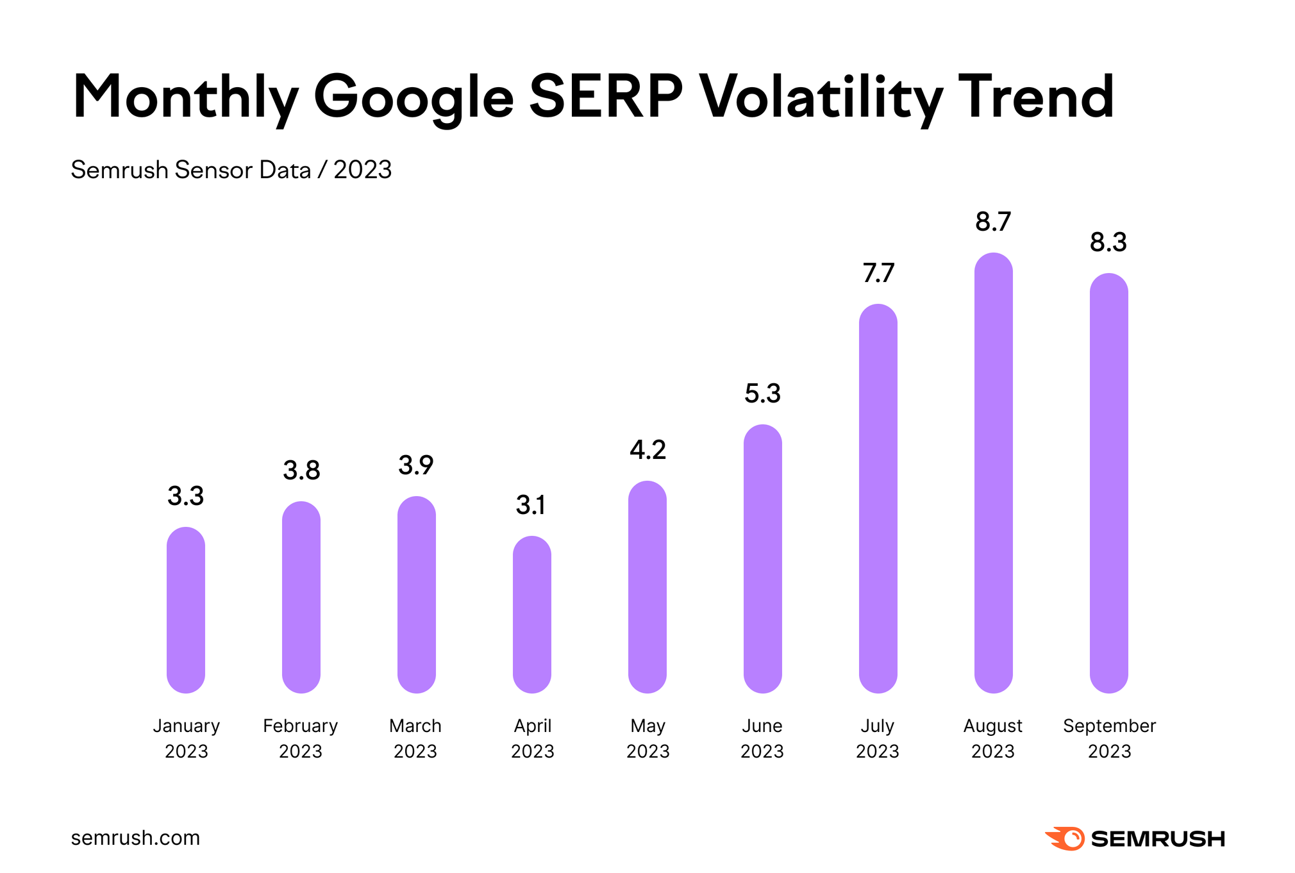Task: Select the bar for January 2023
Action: point(186,610)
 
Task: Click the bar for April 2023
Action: point(532,614)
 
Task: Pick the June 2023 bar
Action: point(762,558)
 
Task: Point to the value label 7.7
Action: point(878,274)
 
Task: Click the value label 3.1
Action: point(531,506)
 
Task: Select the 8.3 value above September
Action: point(1108,243)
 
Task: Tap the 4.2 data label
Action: point(647,451)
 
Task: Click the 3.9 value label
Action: point(416,465)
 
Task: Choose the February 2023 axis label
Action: point(301,738)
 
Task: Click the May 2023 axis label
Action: point(647,738)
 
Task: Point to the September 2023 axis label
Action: point(1109,738)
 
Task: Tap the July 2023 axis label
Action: point(878,738)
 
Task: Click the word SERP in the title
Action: point(606,97)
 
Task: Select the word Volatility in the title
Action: point(821,97)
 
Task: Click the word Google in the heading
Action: point(414,97)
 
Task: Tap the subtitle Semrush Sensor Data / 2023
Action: point(231,170)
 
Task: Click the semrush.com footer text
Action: point(135,838)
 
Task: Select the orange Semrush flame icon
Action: point(1065,838)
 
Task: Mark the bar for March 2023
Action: point(417,594)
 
